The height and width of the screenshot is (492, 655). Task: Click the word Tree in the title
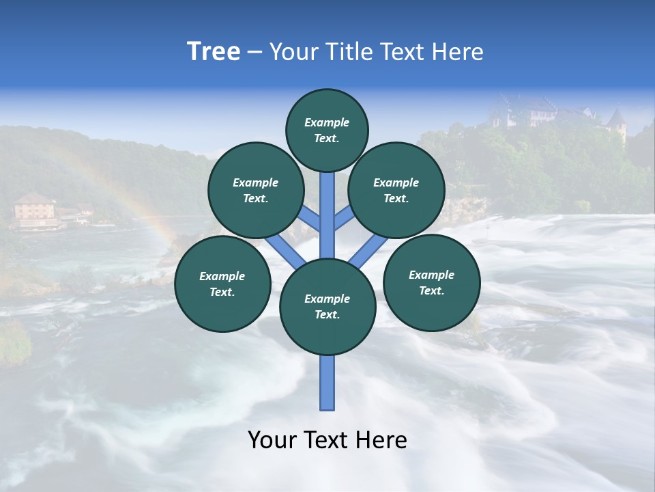(x=214, y=52)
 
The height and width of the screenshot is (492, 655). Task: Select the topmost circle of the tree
(x=327, y=130)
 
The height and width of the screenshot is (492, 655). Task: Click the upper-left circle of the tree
(x=256, y=190)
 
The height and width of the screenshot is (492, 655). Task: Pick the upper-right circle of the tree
(x=396, y=190)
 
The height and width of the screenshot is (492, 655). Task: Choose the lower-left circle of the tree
(x=222, y=284)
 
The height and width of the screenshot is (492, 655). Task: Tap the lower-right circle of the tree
(x=432, y=282)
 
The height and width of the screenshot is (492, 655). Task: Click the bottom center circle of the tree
(x=327, y=307)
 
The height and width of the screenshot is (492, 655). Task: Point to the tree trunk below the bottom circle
(x=327, y=383)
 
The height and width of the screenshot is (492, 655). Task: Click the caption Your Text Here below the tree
(x=327, y=440)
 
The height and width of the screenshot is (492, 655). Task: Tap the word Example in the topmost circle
(x=327, y=122)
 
